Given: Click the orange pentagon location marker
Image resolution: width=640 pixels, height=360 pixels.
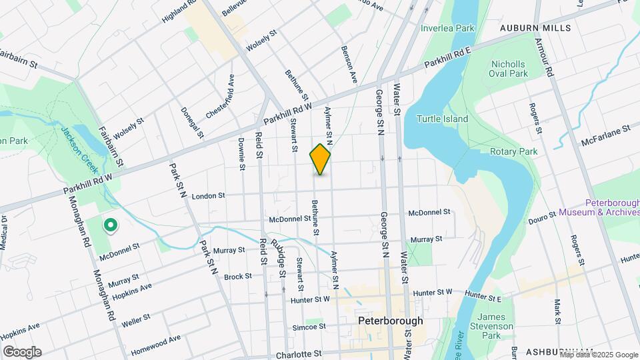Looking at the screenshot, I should pyautogui.click(x=320, y=159).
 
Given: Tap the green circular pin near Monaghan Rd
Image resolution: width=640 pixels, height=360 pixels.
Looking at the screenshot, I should pyautogui.click(x=110, y=225).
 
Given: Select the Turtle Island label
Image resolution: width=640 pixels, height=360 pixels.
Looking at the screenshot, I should pyautogui.click(x=442, y=119).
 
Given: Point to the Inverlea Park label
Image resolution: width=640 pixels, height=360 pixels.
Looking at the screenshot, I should pyautogui.click(x=447, y=29).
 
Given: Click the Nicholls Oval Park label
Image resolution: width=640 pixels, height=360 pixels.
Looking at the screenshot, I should pyautogui.click(x=509, y=69).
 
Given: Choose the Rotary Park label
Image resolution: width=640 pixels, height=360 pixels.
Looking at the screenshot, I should pyautogui.click(x=514, y=152).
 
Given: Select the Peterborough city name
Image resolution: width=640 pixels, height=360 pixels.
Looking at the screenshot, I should pyautogui.click(x=390, y=321).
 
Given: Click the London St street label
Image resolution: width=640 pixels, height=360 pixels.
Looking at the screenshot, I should pyautogui.click(x=209, y=197).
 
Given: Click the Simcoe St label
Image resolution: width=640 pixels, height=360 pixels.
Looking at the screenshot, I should pyautogui.click(x=309, y=327).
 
